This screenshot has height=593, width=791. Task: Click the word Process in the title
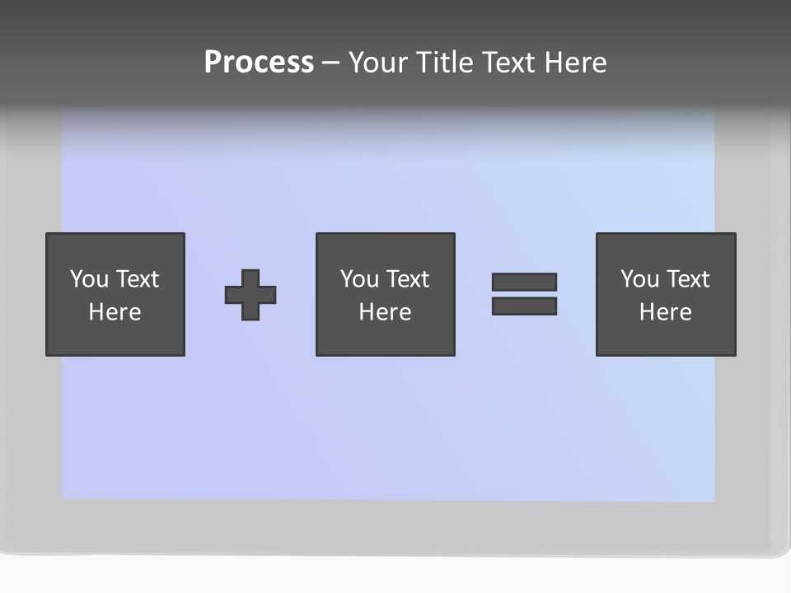pyautogui.click(x=259, y=63)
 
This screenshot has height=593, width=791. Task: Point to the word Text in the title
pyautogui.click(x=513, y=63)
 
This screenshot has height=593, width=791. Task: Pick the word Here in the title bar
pyautogui.click(x=578, y=63)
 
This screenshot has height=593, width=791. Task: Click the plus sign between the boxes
pyautogui.click(x=250, y=294)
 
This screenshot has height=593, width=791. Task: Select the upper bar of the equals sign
pyautogui.click(x=524, y=282)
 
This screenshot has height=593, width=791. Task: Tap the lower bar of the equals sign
pyautogui.click(x=524, y=306)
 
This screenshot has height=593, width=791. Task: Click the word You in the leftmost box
pyautogui.click(x=89, y=279)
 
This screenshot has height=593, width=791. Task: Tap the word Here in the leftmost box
pyautogui.click(x=115, y=312)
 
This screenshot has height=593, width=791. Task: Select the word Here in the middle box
pyautogui.click(x=385, y=312)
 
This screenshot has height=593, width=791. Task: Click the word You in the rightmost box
pyautogui.click(x=639, y=279)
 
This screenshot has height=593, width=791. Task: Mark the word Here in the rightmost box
pyautogui.click(x=665, y=312)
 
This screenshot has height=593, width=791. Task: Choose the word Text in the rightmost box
pyautogui.click(x=689, y=279)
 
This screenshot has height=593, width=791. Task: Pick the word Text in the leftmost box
pyautogui.click(x=138, y=279)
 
